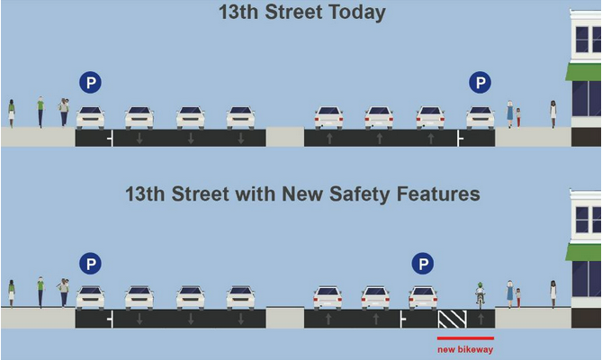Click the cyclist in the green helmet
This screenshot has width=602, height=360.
(x=480, y=295)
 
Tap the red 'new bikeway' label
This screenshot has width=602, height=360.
(x=465, y=349)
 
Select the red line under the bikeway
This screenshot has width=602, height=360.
(x=465, y=338)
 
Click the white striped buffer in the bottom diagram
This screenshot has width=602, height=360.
(x=453, y=319)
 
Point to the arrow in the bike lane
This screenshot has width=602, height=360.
(x=481, y=319)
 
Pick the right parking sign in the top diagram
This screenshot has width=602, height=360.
(x=480, y=83)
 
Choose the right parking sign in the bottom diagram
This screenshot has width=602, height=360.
(x=423, y=264)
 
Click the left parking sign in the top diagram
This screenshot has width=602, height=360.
(x=91, y=83)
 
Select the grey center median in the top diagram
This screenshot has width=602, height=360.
(x=285, y=137)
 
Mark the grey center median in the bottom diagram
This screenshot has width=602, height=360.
(x=285, y=317)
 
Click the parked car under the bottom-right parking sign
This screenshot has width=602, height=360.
(x=423, y=298)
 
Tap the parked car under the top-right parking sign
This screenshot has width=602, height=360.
(x=481, y=118)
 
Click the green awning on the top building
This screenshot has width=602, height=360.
(x=583, y=72)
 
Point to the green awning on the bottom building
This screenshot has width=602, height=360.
(x=583, y=253)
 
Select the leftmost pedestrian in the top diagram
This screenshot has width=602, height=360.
(x=12, y=113)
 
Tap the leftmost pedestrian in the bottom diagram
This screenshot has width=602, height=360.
(x=12, y=294)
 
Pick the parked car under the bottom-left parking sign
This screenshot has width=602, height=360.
(x=91, y=298)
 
